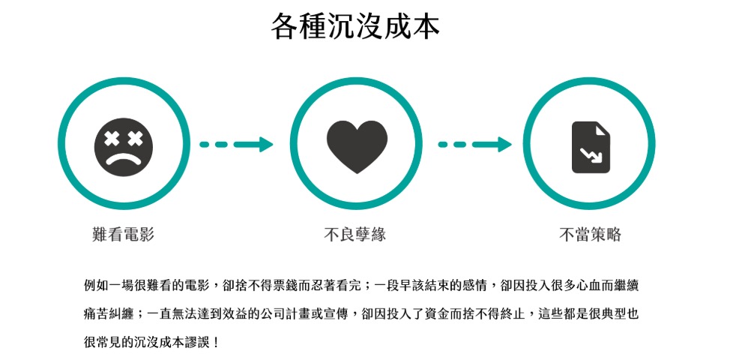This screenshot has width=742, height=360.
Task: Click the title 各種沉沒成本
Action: click(355, 27)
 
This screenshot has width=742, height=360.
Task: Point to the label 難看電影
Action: click(123, 235)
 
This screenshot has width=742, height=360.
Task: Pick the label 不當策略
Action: click(590, 235)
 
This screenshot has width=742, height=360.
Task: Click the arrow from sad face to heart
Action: click(236, 145)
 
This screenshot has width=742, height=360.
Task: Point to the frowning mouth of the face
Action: click(123, 158)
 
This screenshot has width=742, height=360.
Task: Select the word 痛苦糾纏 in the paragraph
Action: click(109, 313)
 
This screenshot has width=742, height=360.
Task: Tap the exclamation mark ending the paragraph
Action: click(216, 342)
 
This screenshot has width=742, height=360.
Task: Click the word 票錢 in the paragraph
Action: click(294, 285)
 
